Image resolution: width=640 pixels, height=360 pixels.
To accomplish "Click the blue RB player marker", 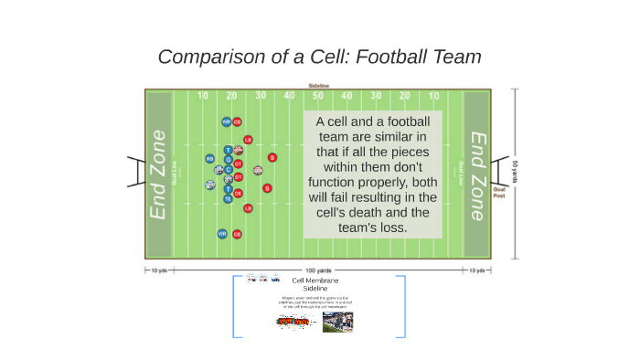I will click(x=209, y=158).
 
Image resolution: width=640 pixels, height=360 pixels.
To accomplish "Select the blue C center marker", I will click(x=229, y=169).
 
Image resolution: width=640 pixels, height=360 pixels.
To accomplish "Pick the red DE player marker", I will click(x=239, y=193).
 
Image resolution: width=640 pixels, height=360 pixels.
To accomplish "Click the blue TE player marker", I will click(x=229, y=198).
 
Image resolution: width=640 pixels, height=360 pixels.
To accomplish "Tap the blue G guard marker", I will click(x=229, y=159).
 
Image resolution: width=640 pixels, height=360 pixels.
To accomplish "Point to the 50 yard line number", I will click(x=318, y=95).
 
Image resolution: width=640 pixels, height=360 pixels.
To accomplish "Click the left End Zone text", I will click(x=159, y=174).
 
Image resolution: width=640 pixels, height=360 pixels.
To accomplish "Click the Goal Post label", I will click(x=499, y=193).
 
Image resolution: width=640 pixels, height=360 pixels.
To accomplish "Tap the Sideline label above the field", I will click(x=318, y=85).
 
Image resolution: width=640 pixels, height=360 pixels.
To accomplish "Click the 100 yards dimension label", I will click(x=318, y=270).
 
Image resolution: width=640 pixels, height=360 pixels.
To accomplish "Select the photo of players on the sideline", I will click(x=337, y=322).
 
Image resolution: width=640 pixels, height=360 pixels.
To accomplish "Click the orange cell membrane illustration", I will click(x=293, y=322).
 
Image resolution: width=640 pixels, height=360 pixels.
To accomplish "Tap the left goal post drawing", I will click(x=135, y=171).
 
